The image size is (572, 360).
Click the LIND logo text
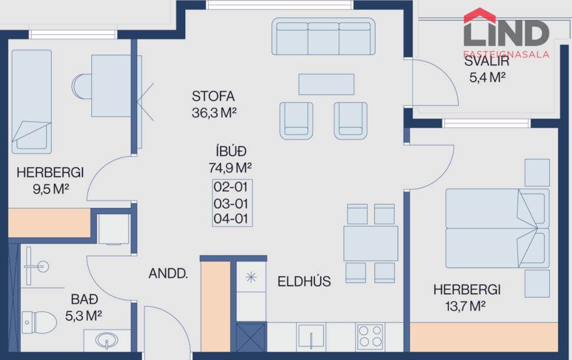[506, 32]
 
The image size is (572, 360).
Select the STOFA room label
[213, 96]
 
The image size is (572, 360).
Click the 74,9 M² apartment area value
[231, 168]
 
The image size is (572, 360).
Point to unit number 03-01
[231, 204]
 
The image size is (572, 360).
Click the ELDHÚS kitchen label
[304, 282]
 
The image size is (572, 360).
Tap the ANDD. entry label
[168, 274]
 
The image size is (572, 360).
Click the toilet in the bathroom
[39, 322]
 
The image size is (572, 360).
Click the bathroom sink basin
[107, 341]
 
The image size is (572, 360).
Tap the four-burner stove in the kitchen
[370, 336]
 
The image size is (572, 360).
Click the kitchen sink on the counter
[310, 336]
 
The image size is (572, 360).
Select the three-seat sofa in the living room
[323, 37]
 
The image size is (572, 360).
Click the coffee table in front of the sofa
[326, 84]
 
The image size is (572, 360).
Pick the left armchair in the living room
[296, 120]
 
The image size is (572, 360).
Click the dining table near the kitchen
[370, 243]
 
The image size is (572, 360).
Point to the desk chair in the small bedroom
[81, 86]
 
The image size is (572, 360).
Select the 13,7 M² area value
[466, 306]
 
